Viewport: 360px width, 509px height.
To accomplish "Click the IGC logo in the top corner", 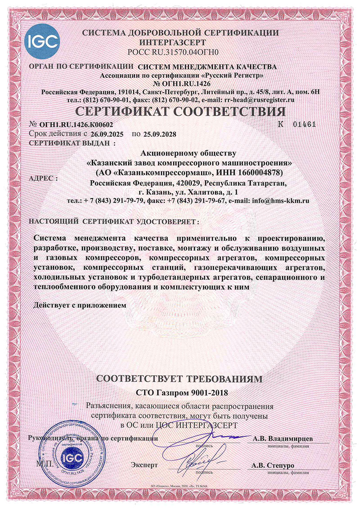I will click(x=43, y=42).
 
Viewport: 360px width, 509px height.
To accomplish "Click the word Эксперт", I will click(x=145, y=464).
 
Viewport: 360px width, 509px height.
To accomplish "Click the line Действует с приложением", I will click(x=81, y=306).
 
